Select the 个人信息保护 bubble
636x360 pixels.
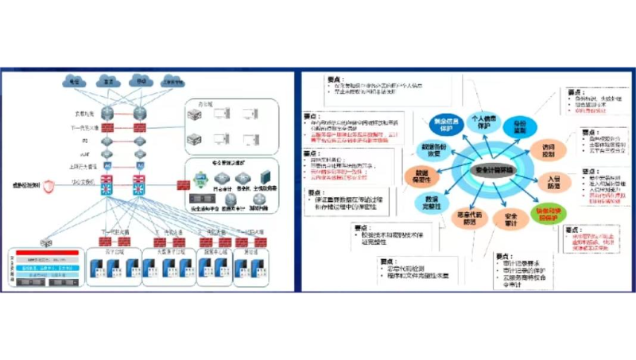point(479,122)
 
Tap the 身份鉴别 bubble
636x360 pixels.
point(520,126)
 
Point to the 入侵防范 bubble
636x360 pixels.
point(554,183)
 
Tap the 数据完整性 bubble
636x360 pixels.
point(432,202)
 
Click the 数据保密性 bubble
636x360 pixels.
point(421,176)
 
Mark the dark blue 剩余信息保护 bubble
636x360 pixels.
point(443,126)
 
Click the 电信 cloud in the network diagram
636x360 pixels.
point(75,81)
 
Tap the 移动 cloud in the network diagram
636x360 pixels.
point(142,81)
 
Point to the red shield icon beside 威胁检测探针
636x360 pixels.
point(48,187)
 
